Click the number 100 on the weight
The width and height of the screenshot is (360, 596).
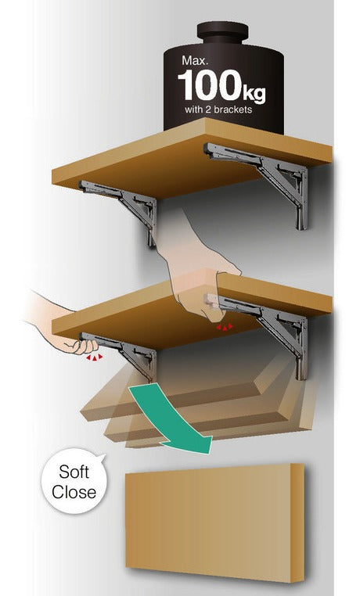tap(210, 84)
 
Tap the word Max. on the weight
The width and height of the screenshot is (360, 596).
tap(195, 60)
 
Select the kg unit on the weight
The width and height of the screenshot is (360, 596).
tap(254, 93)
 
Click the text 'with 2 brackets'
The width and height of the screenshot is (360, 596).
tap(218, 110)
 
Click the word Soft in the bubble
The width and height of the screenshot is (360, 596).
tap(74, 472)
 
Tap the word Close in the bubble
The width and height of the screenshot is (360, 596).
tap(74, 492)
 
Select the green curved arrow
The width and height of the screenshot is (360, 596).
tap(171, 418)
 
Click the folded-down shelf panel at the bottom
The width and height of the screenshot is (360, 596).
tap(214, 522)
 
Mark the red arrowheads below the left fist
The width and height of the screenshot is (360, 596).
tap(94, 357)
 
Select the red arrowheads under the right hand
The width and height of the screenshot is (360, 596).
tap(225, 326)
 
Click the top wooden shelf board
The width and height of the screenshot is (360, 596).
tap(192, 158)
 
